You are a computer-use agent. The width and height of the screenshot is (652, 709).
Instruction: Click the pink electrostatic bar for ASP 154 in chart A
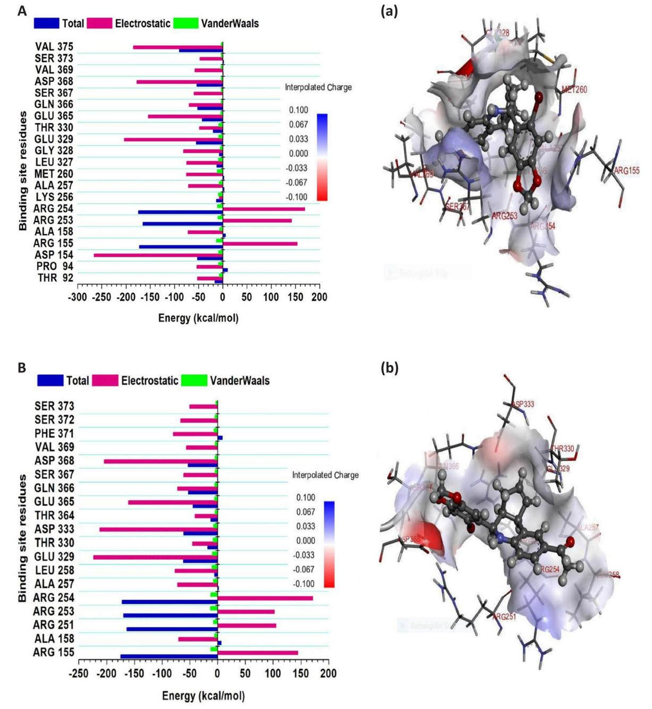click(x=158, y=255)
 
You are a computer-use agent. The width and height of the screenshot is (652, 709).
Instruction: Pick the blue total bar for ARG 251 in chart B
click(x=172, y=629)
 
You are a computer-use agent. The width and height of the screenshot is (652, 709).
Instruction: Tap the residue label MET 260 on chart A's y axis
click(x=54, y=173)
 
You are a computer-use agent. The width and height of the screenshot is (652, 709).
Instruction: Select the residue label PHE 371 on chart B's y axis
click(x=54, y=434)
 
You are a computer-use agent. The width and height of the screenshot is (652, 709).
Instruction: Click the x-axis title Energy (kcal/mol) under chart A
click(x=198, y=318)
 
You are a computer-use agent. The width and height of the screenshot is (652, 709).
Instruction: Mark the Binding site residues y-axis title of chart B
click(x=22, y=538)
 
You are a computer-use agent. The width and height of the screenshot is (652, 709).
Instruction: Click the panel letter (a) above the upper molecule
click(x=389, y=11)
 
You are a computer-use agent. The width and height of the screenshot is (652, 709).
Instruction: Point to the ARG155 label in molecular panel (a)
click(x=626, y=171)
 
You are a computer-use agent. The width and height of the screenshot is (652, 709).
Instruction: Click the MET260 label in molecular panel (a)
click(x=574, y=90)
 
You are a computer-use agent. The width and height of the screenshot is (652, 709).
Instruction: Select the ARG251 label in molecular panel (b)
click(x=504, y=617)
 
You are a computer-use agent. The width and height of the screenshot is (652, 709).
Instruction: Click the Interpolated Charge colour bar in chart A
click(x=322, y=157)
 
